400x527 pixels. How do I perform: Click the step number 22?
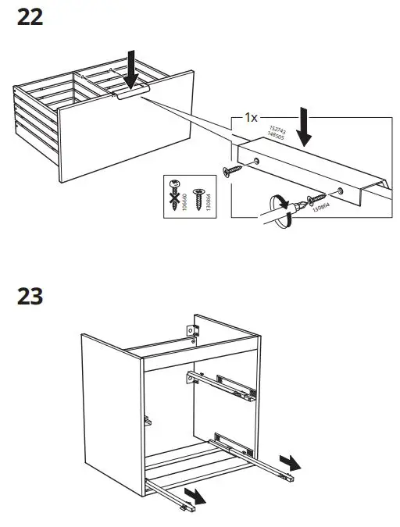click(x=30, y=17)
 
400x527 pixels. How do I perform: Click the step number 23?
click(x=30, y=297)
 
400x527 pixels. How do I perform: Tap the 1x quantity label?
click(x=250, y=117)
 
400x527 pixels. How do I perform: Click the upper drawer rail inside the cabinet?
click(x=223, y=383)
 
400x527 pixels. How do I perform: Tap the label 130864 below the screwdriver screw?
click(x=318, y=209)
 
